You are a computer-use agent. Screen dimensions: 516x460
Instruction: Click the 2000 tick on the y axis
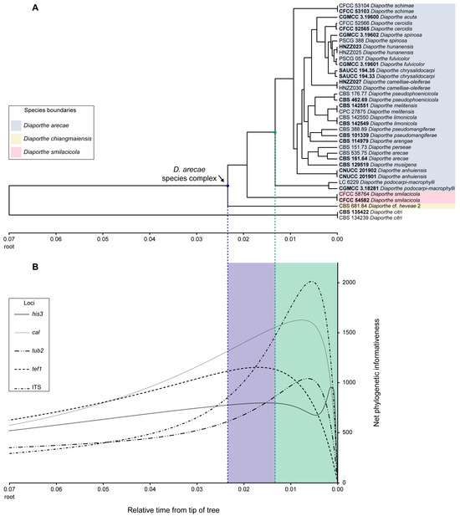coord(349,283)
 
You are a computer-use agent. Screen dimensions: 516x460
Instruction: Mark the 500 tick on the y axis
coord(347,432)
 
